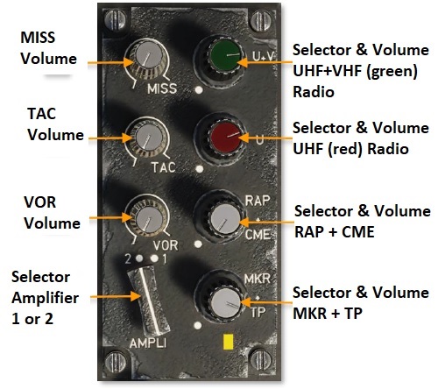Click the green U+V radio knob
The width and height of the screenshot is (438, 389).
tap(226, 54)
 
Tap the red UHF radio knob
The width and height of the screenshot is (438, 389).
tap(225, 138)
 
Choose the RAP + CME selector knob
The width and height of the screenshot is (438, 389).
tap(225, 218)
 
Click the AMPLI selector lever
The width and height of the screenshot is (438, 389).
tap(148, 301)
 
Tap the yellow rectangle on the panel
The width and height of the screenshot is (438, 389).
tap(228, 342)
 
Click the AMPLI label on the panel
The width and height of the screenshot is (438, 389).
tap(148, 343)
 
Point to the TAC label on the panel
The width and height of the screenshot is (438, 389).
tap(164, 167)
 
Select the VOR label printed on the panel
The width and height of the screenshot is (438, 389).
tap(166, 245)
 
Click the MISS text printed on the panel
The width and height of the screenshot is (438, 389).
tap(162, 88)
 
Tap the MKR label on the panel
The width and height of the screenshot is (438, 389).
tap(257, 279)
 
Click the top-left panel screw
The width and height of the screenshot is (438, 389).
tap(115, 20)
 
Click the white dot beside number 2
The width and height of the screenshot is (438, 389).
tap(139, 258)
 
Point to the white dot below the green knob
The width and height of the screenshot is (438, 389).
tap(199, 90)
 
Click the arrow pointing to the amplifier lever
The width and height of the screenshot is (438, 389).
tap(116, 296)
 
